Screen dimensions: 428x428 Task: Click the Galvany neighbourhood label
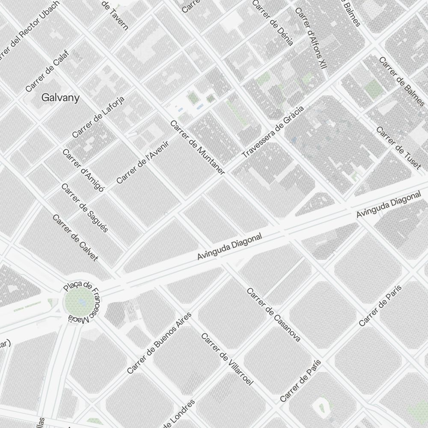click(x=60, y=98)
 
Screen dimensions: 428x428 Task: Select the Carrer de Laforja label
click(x=98, y=117)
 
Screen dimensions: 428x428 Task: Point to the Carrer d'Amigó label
click(x=83, y=171)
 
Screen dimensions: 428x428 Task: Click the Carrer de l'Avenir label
click(x=143, y=162)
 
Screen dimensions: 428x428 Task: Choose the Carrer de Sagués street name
click(x=84, y=208)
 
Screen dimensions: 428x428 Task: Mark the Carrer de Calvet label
click(x=75, y=238)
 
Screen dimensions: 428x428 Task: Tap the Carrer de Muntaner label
click(x=197, y=147)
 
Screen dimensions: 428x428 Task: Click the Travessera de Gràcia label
click(x=273, y=131)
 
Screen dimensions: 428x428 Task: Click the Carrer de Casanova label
click(x=273, y=315)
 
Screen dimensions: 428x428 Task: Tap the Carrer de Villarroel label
click(x=227, y=359)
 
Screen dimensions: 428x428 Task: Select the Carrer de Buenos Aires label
click(x=159, y=343)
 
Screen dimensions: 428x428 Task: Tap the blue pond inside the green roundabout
click(x=82, y=303)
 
